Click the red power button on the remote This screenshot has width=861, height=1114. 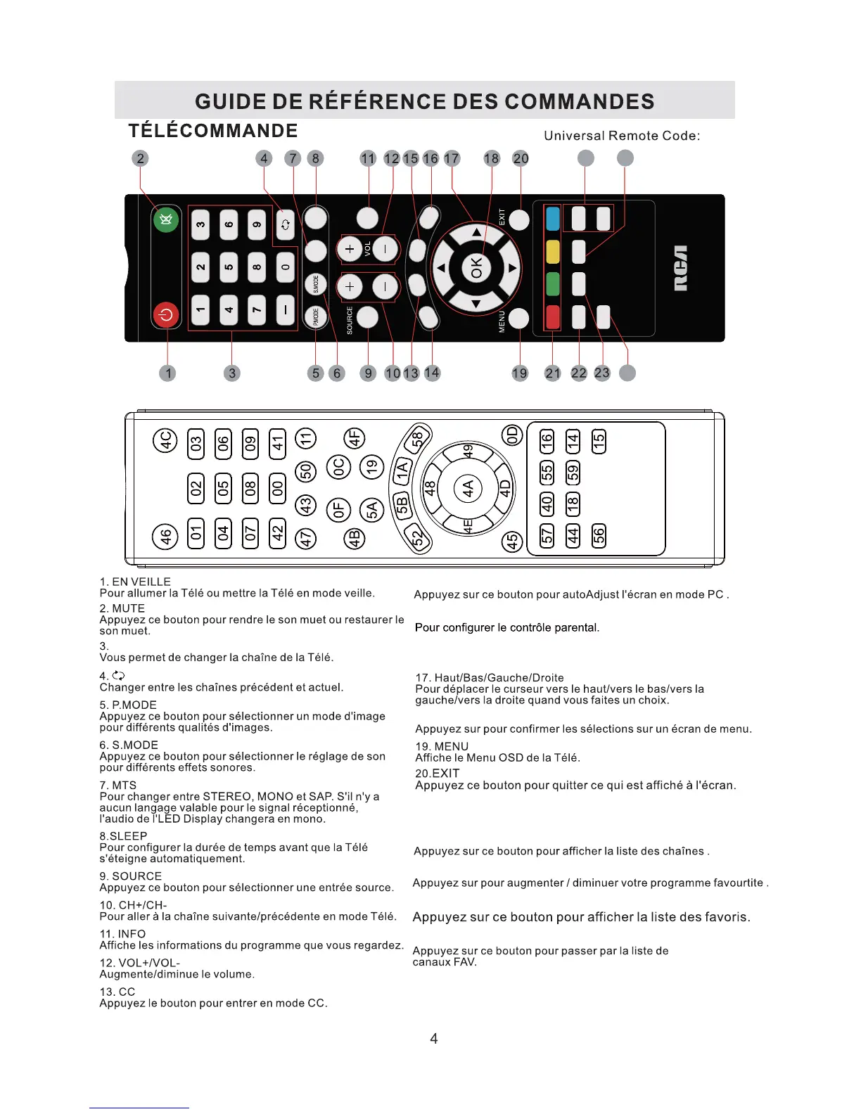pyautogui.click(x=167, y=314)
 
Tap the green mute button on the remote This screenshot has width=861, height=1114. pyautogui.click(x=166, y=221)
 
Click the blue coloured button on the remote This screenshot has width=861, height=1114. pyautogui.click(x=553, y=219)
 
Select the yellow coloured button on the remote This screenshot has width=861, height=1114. pyautogui.click(x=553, y=252)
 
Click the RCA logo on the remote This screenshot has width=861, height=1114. pyautogui.click(x=680, y=268)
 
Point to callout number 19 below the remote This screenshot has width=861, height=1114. pyautogui.click(x=520, y=373)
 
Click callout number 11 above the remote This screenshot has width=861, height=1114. pyautogui.click(x=368, y=159)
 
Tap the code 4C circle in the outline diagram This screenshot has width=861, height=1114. pyautogui.click(x=165, y=441)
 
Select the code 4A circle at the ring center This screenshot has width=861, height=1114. pyautogui.click(x=468, y=488)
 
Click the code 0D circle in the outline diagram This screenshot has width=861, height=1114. pyautogui.click(x=512, y=436)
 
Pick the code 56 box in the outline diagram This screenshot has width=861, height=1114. pyautogui.click(x=599, y=535)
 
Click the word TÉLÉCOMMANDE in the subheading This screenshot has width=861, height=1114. pyautogui.click(x=213, y=131)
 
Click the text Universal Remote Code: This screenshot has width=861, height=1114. pyautogui.click(x=622, y=136)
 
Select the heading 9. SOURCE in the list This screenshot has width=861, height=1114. pyautogui.click(x=131, y=876)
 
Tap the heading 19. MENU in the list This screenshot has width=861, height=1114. pyautogui.click(x=442, y=746)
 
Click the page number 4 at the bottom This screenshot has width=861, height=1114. pyautogui.click(x=434, y=1039)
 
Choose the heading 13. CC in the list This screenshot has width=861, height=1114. pyautogui.click(x=117, y=992)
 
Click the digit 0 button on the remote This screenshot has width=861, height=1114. pyautogui.click(x=285, y=267)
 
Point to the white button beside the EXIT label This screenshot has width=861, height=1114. pyautogui.click(x=519, y=220)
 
